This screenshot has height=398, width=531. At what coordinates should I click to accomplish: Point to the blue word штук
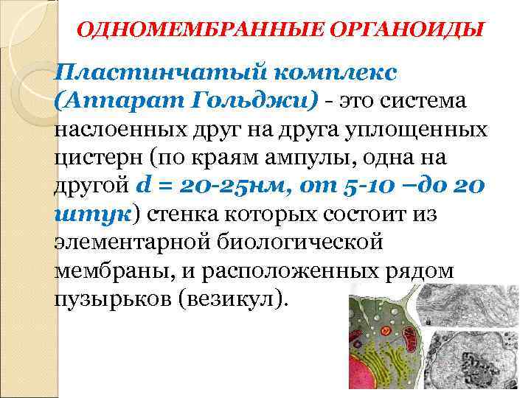pyautogui.click(x=91, y=214)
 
